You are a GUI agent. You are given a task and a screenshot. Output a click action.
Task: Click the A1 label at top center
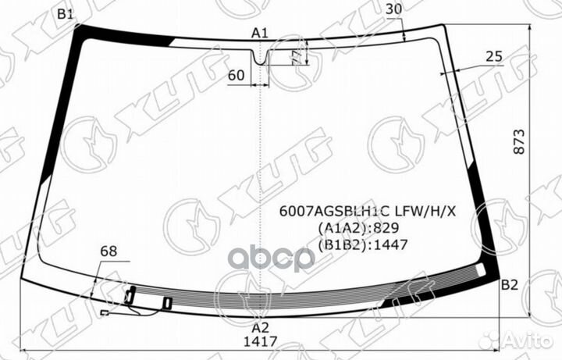(260, 33)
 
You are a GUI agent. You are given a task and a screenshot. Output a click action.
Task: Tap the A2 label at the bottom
(260, 328)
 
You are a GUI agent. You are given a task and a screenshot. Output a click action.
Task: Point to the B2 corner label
(509, 285)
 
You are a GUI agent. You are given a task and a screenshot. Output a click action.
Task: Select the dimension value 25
(493, 56)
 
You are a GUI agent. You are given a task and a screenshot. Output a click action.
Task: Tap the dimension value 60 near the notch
(237, 76)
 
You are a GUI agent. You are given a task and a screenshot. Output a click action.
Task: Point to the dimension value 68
(108, 251)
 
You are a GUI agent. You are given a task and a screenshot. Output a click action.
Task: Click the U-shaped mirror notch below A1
(260, 56)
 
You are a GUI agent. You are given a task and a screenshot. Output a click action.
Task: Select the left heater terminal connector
(130, 296)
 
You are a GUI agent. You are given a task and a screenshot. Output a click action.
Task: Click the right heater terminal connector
(168, 302)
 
